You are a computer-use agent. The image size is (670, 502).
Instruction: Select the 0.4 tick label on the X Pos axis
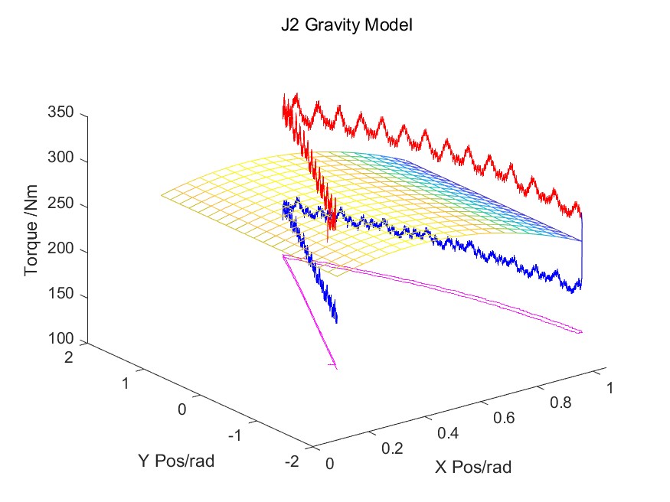click(446, 433)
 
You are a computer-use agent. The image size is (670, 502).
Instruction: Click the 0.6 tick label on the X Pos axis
click(503, 418)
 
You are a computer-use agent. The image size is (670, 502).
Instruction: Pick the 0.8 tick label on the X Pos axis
click(560, 403)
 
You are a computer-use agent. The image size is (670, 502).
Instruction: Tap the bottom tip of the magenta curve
click(335, 367)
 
